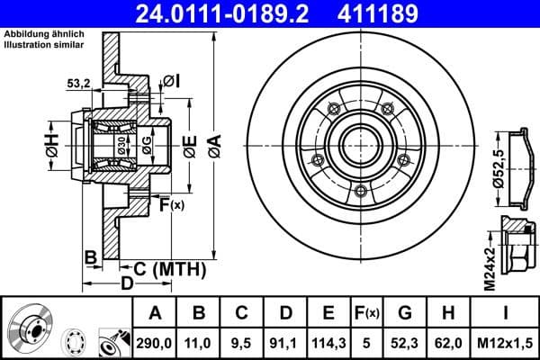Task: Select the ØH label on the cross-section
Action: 52,146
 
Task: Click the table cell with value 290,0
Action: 154,341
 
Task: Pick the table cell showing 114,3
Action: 328,341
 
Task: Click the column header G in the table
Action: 405,313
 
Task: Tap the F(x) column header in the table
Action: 366,313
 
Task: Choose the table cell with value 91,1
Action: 284,341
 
